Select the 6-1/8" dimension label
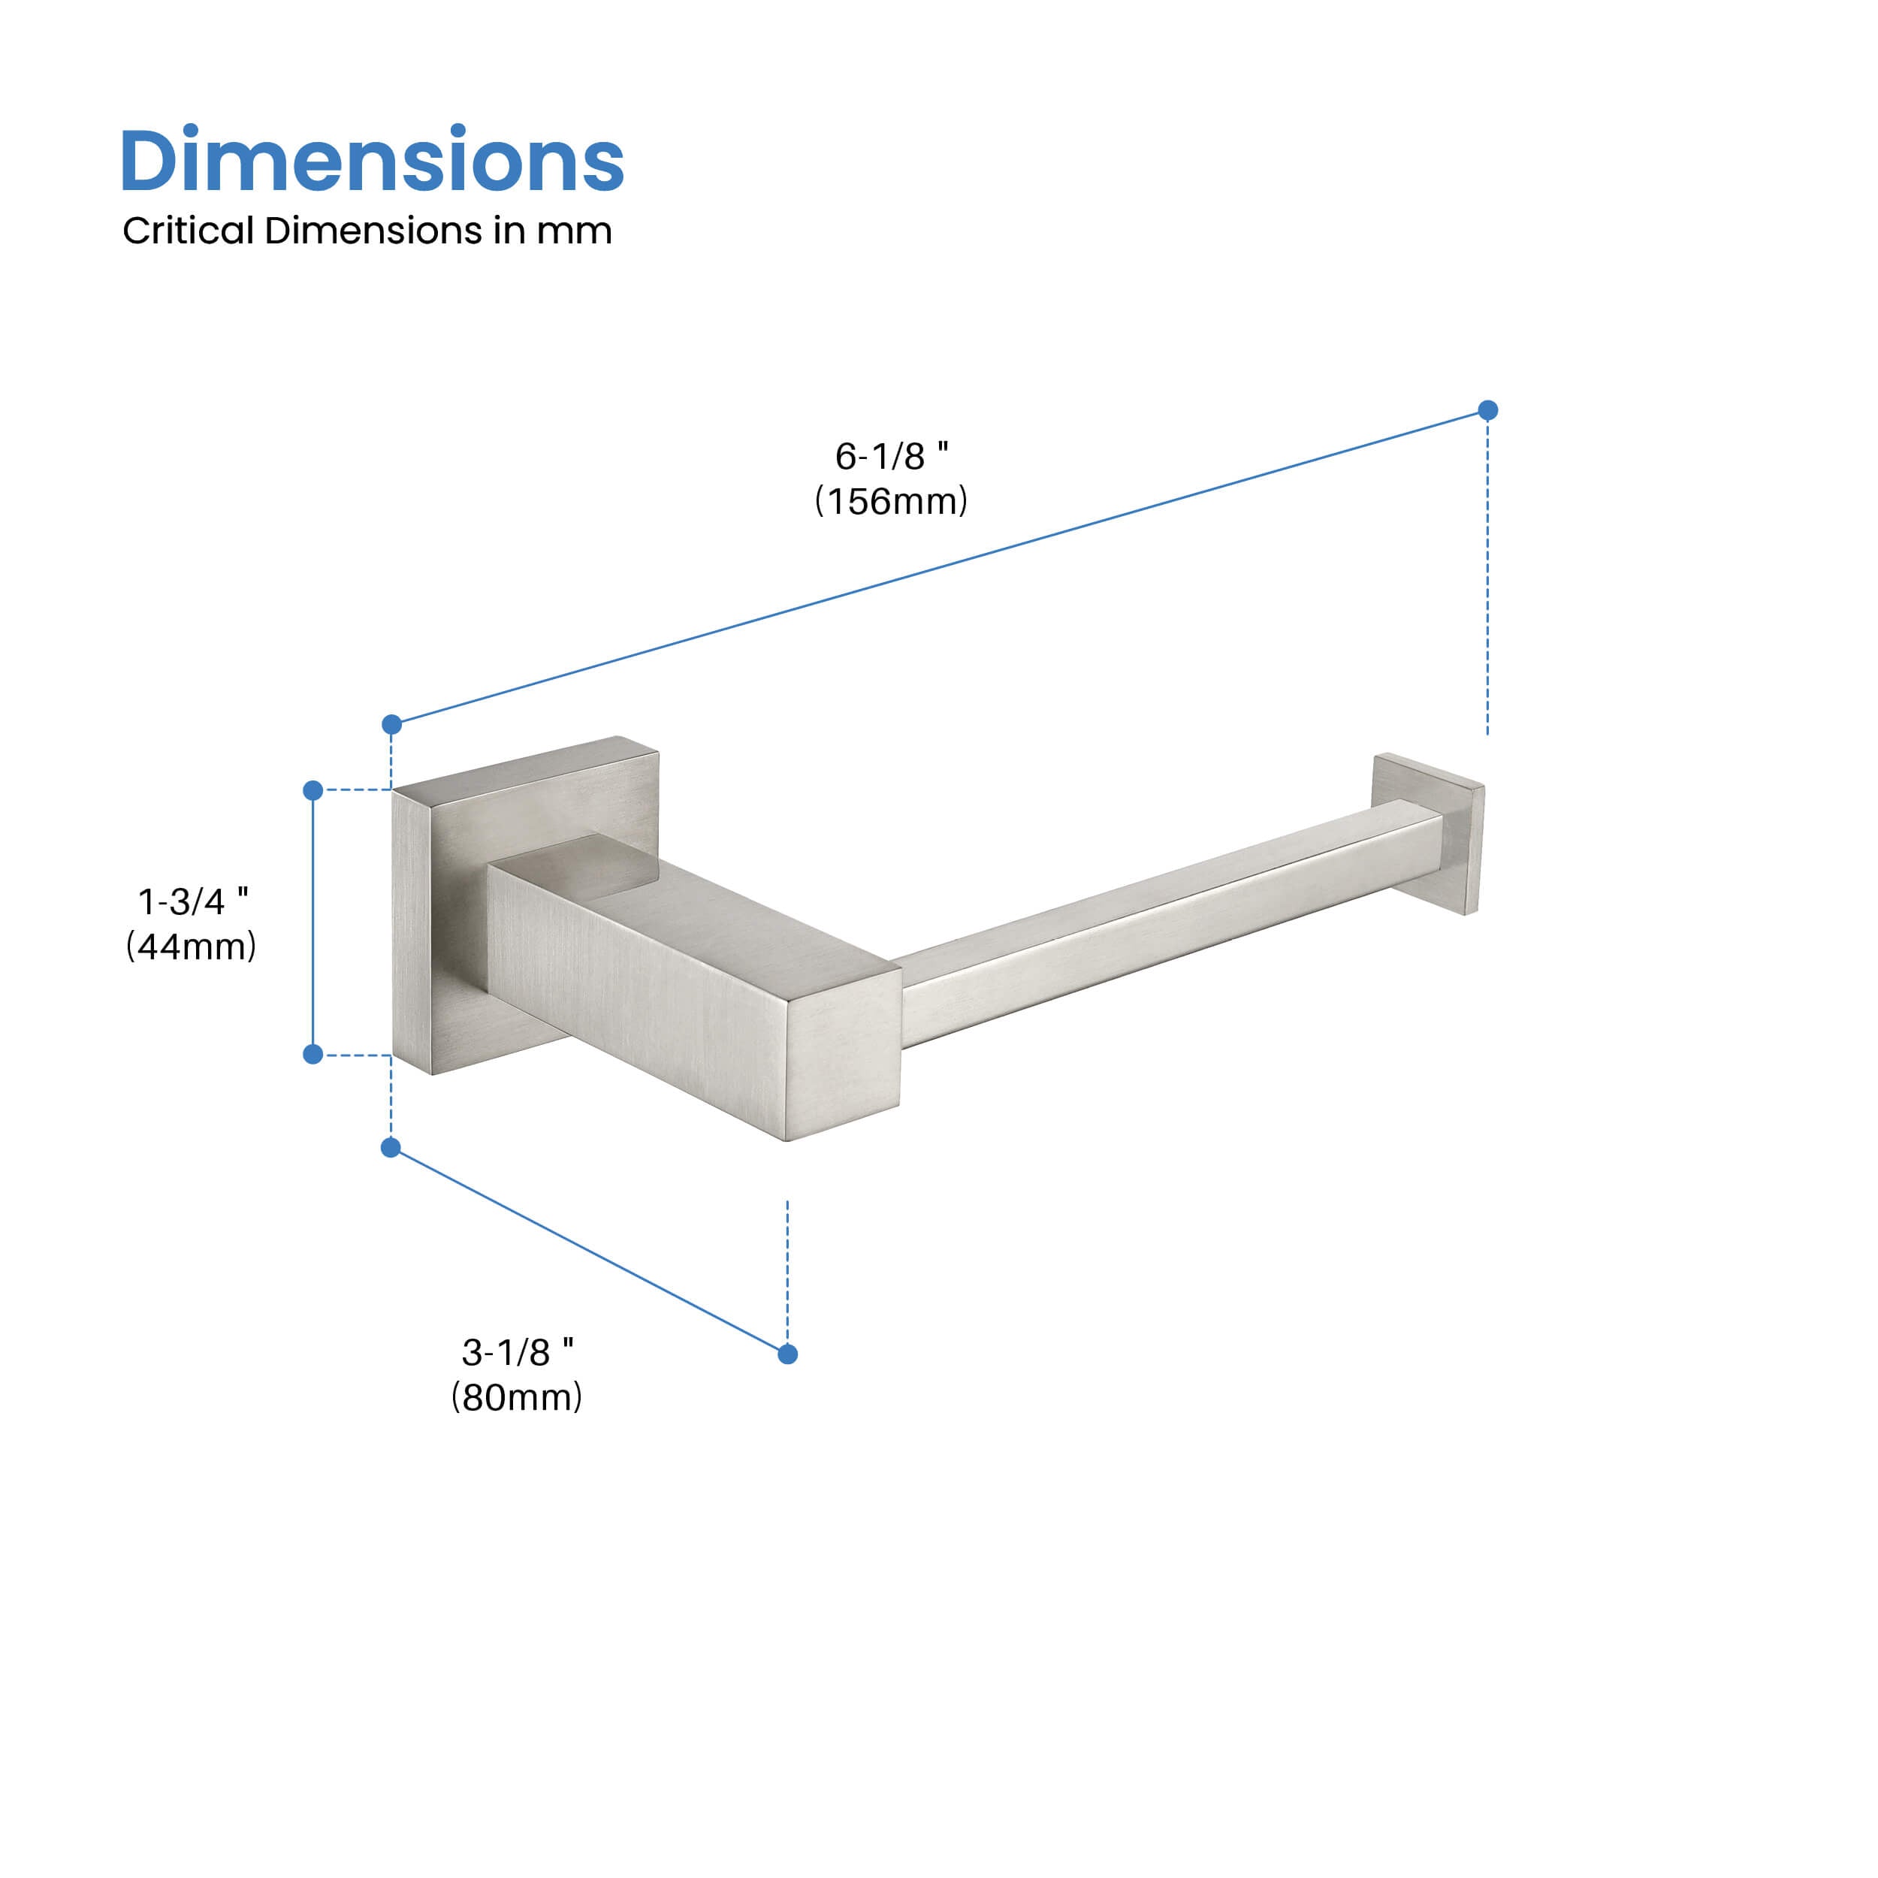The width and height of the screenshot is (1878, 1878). (x=892, y=456)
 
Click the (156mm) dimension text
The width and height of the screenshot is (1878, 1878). (x=892, y=502)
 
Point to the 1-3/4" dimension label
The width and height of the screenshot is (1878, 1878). (x=192, y=901)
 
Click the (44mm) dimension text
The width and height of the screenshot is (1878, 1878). (x=192, y=946)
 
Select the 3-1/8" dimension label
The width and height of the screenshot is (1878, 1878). (x=517, y=1352)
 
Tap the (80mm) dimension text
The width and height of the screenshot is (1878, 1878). (x=517, y=1396)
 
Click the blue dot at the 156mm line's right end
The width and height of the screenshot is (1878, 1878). (x=1487, y=410)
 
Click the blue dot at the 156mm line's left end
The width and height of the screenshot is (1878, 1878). (x=391, y=724)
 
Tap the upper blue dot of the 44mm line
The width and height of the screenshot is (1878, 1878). (x=313, y=790)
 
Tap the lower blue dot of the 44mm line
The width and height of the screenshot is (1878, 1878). (x=313, y=1054)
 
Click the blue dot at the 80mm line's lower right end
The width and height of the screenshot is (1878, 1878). (x=787, y=1354)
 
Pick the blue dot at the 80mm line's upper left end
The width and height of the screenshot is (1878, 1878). (x=391, y=1148)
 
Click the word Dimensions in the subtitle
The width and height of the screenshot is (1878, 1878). (x=374, y=231)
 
